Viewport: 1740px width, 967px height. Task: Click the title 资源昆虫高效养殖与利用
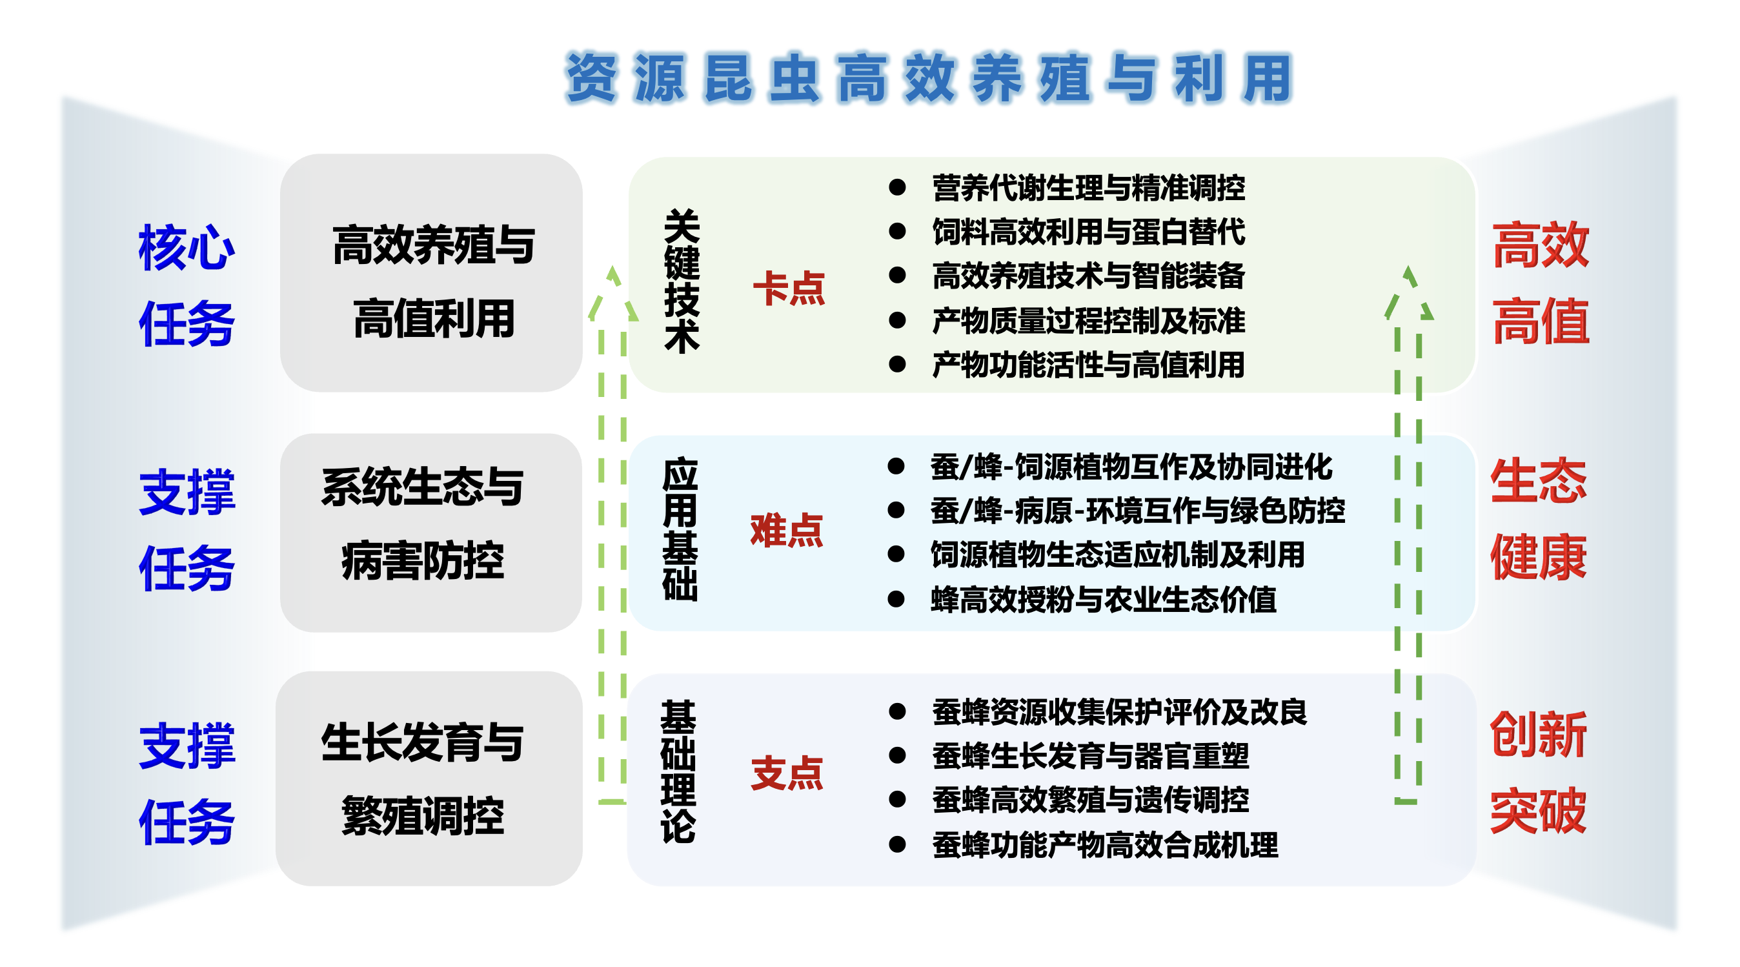(929, 78)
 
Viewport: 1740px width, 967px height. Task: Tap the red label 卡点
(789, 289)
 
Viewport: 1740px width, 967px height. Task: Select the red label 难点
(786, 530)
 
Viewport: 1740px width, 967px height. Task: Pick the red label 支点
(787, 773)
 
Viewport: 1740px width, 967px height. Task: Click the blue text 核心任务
(187, 285)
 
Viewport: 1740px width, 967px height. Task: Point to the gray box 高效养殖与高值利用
(432, 273)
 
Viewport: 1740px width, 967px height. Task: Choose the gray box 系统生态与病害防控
(431, 533)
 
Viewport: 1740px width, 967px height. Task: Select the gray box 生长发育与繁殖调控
(429, 779)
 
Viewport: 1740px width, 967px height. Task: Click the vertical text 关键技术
(682, 281)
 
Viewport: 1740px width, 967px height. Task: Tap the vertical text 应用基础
(680, 529)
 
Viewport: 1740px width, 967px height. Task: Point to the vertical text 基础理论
(678, 771)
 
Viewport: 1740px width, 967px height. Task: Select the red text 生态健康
(1538, 519)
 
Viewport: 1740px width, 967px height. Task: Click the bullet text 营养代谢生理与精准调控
(1088, 188)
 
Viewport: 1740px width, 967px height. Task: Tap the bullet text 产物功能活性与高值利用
(1088, 365)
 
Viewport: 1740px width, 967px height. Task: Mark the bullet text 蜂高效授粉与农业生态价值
(1103, 600)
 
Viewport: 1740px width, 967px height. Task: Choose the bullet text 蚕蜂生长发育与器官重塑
(1090, 756)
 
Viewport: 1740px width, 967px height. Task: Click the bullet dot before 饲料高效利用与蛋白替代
(897, 232)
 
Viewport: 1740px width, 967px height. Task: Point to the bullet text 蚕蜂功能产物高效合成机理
(1105, 846)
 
